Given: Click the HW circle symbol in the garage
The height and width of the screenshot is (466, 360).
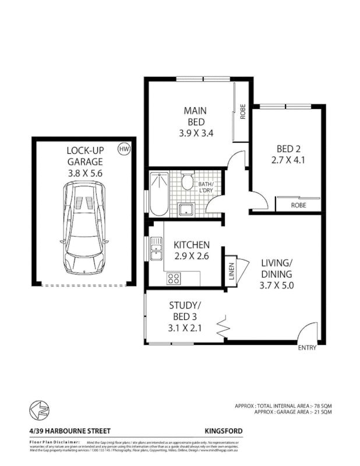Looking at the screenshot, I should point(123,149).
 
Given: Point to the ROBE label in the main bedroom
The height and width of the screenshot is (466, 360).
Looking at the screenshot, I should point(242,111).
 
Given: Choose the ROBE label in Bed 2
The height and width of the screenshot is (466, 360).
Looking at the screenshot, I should point(298,206).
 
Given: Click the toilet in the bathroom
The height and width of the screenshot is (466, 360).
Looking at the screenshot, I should point(188,182).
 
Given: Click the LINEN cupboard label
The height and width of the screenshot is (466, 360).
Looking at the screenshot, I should point(231,272).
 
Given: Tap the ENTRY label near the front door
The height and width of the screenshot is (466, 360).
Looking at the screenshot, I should point(306,348).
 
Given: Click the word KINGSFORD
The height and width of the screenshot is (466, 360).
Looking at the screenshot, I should point(223,430).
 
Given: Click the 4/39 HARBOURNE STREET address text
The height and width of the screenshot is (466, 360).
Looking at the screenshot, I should point(62,431).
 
